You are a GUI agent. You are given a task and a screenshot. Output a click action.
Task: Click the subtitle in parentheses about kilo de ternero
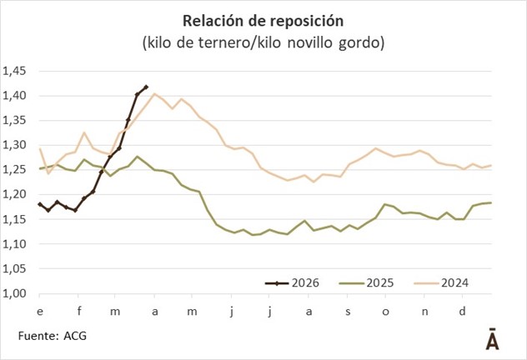(x=263, y=42)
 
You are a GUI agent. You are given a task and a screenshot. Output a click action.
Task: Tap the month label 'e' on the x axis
(x=39, y=311)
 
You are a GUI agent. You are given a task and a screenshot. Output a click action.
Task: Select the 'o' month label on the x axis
(x=385, y=311)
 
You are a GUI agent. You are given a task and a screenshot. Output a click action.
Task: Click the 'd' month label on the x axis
(x=463, y=311)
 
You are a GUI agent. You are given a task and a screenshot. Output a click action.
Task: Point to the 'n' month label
(x=424, y=311)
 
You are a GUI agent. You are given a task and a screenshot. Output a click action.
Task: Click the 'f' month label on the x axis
(x=78, y=311)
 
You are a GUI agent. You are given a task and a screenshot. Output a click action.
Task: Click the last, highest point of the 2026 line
(x=146, y=87)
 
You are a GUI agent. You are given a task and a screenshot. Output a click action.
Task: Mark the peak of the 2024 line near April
(x=154, y=94)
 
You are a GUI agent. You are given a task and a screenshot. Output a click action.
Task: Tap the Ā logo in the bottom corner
(x=493, y=339)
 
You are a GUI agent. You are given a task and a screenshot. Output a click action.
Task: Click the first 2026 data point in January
(x=39, y=203)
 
